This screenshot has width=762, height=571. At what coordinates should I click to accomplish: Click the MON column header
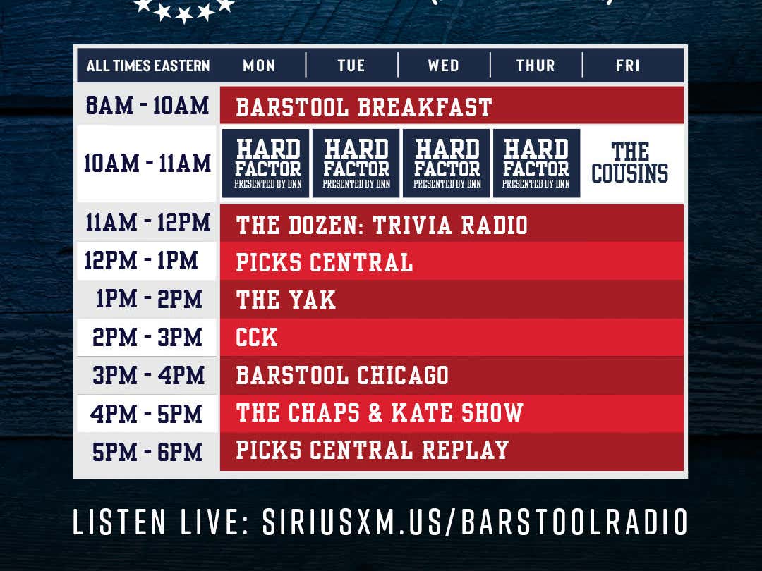(259, 66)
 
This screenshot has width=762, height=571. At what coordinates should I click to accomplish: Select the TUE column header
(351, 66)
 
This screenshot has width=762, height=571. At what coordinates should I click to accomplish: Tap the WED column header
(443, 66)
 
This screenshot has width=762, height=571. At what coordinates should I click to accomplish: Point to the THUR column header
(536, 66)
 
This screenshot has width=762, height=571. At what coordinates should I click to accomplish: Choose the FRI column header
(628, 66)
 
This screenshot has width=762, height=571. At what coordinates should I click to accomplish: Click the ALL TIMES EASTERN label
(148, 66)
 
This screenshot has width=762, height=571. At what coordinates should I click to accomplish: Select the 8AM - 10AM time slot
(147, 106)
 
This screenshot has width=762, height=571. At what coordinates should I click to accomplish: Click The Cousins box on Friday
(630, 163)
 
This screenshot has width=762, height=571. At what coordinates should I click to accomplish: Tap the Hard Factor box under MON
(268, 163)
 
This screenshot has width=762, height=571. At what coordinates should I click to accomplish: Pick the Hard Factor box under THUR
(536, 163)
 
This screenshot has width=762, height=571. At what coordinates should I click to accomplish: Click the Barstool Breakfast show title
(364, 107)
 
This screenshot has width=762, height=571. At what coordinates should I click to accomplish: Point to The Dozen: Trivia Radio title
(382, 225)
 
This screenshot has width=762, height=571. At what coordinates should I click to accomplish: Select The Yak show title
(286, 300)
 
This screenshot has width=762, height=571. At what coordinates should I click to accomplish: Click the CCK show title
(257, 338)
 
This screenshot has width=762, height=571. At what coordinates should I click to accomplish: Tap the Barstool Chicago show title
(342, 375)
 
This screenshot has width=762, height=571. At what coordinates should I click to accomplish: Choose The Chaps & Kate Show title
(380, 412)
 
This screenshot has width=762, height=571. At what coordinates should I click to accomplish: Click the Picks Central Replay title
(373, 450)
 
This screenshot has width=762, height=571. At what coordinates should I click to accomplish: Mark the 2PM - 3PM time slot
(147, 338)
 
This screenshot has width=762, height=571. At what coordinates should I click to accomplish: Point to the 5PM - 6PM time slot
(147, 450)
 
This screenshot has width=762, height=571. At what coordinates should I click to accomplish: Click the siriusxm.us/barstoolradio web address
(475, 522)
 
